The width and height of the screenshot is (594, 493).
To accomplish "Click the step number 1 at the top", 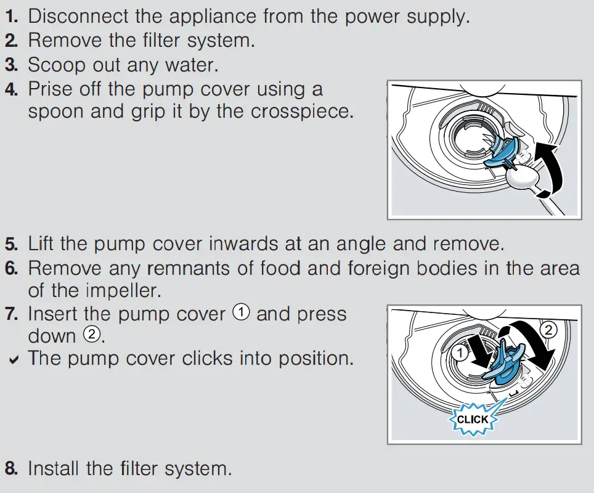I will point(10,17).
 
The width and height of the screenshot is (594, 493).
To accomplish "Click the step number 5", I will point(11,243).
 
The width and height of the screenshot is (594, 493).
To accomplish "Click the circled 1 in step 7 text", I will point(241,312).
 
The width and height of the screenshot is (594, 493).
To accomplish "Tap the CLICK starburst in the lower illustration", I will point(473,419).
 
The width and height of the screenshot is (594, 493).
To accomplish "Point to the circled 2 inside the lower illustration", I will point(548,330).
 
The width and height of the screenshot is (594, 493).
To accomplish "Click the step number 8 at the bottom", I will point(11,468).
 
